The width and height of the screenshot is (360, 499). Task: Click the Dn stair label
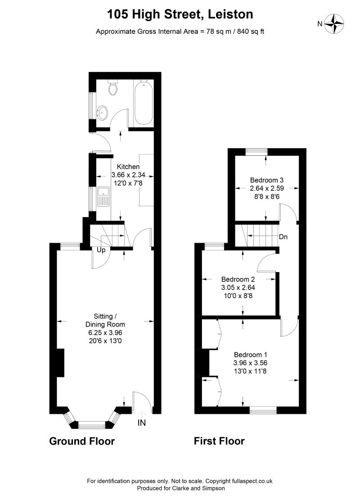tap(283, 237)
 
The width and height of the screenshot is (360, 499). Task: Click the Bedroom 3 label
tap(266, 180)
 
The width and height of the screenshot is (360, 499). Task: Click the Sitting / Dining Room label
tap(105, 320)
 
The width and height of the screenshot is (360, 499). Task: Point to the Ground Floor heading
tap(82, 441)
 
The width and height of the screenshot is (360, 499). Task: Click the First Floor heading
tap(219, 441)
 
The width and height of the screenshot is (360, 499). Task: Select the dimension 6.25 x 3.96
tap(105, 333)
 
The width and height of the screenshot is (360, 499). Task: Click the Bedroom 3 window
tap(256, 152)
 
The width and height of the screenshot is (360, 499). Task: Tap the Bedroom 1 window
tap(263, 410)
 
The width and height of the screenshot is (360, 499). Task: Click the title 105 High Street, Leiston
tap(180, 15)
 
